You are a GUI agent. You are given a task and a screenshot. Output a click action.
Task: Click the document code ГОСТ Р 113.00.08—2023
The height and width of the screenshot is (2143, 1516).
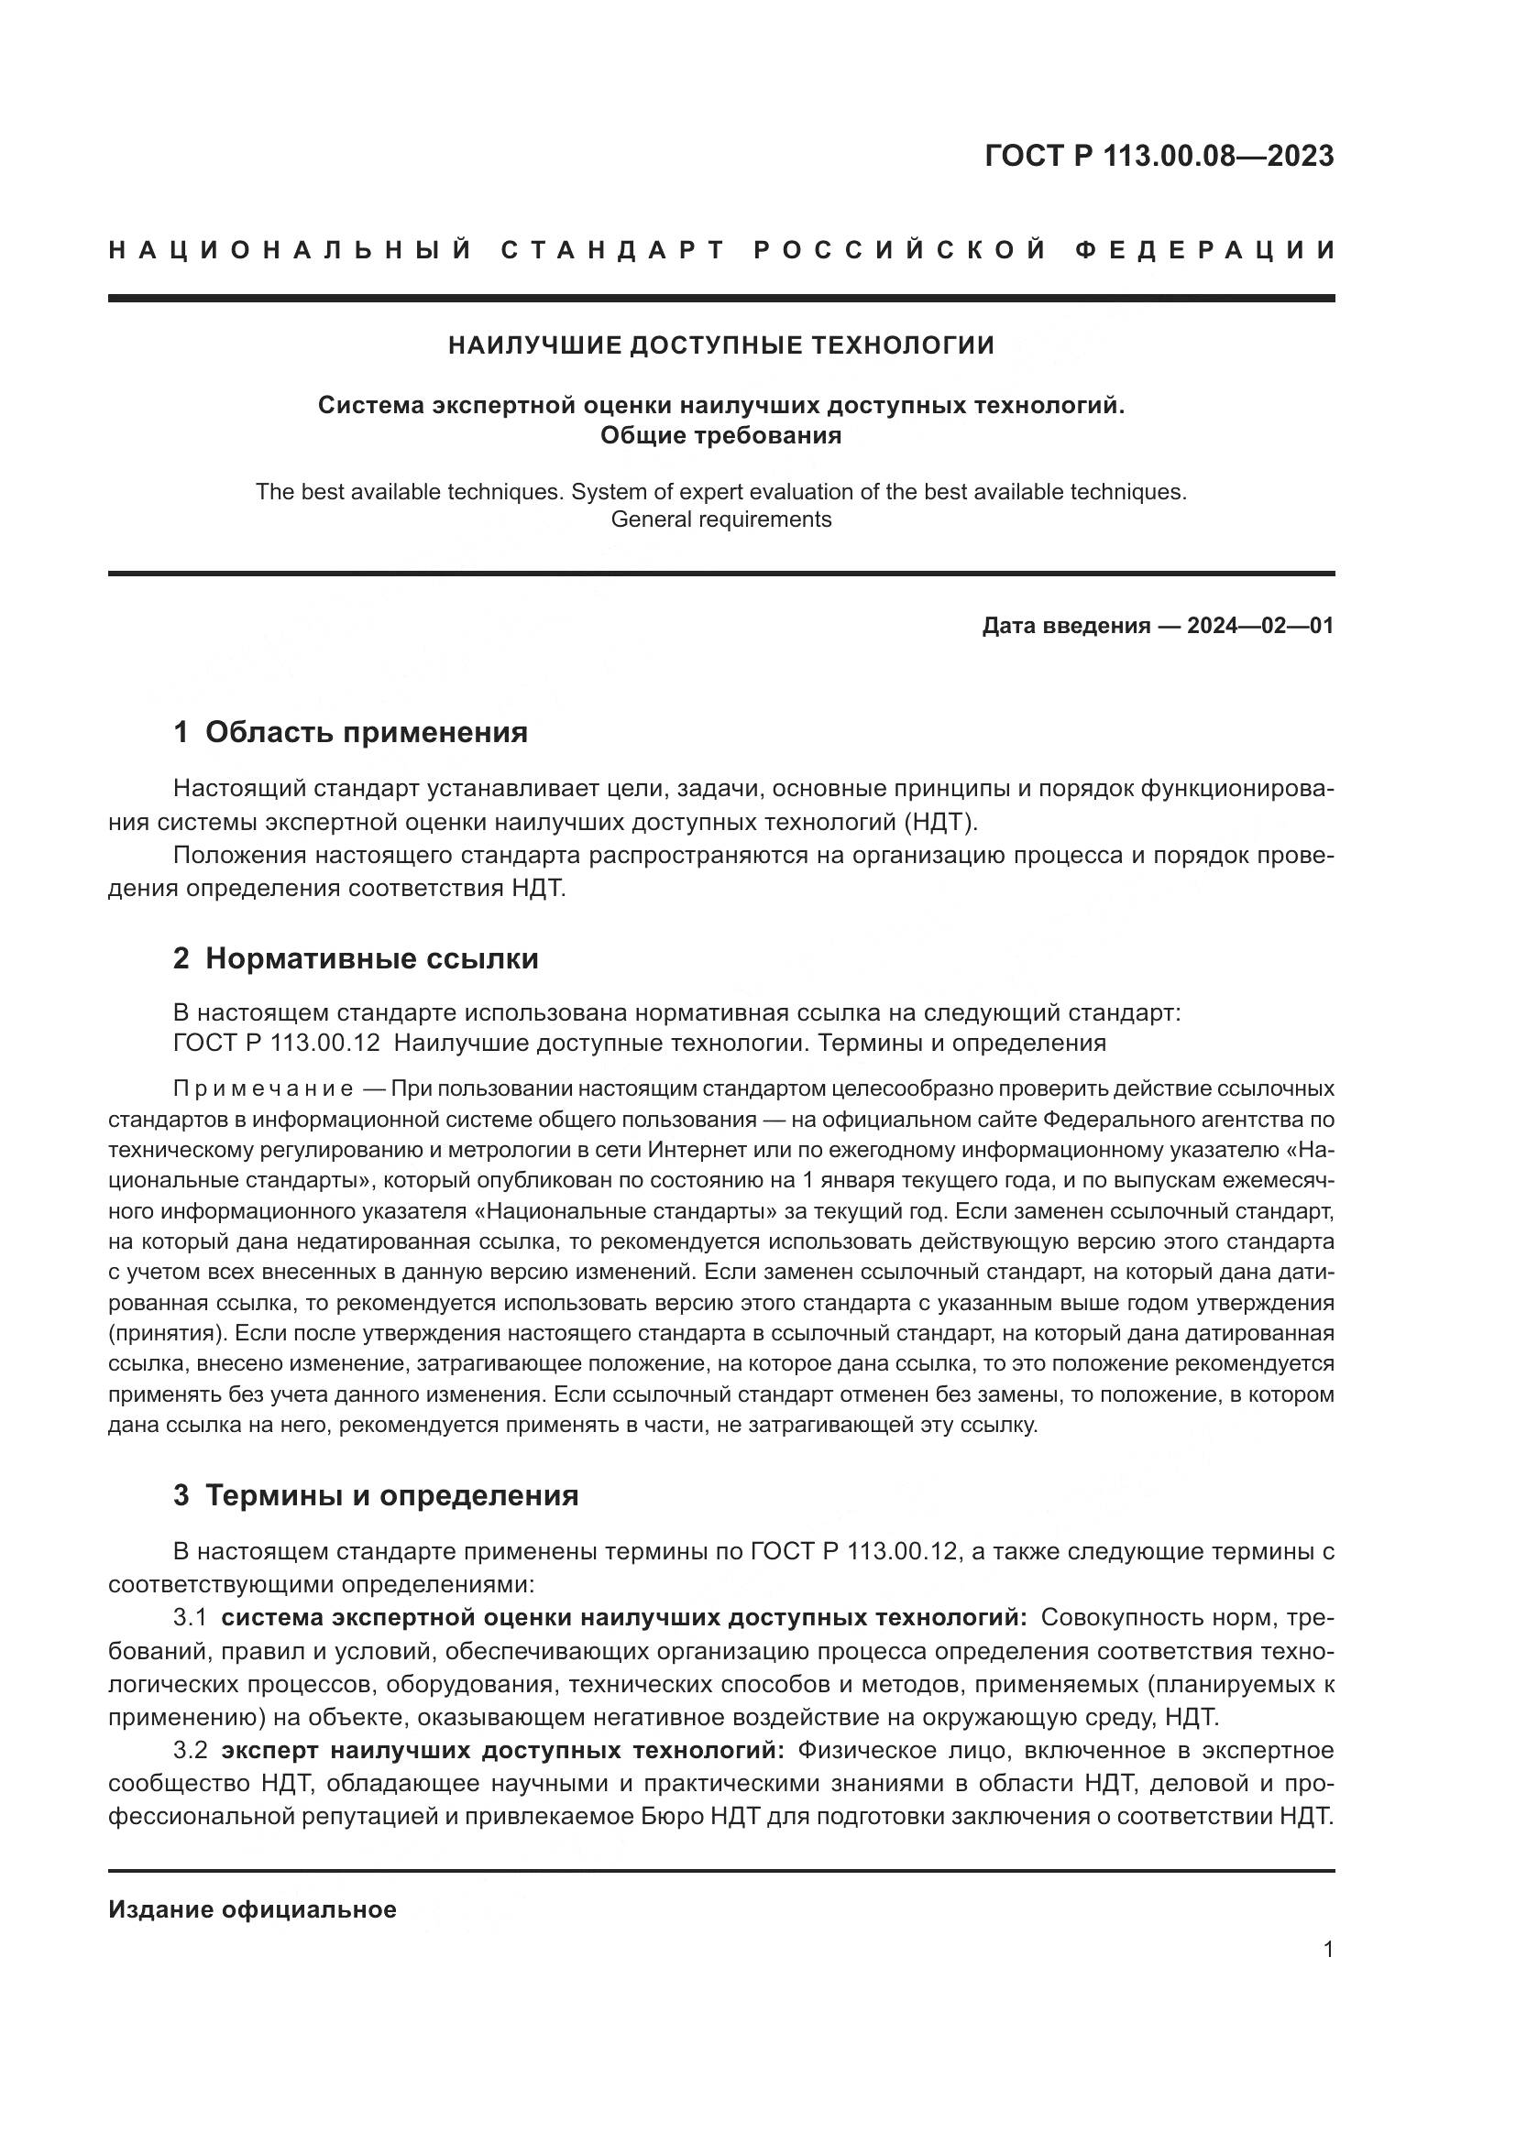[1159, 156]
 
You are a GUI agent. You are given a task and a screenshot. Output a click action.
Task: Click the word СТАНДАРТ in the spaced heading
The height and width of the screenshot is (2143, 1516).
[613, 250]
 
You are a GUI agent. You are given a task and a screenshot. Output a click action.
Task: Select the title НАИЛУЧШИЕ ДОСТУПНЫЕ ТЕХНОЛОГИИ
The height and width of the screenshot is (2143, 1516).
[720, 345]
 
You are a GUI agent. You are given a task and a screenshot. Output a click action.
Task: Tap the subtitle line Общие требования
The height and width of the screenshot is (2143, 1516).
[720, 435]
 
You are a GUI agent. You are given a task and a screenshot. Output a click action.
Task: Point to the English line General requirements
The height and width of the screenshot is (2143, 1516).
[720, 519]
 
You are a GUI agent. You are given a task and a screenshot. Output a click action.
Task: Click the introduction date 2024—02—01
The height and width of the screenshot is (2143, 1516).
[1259, 626]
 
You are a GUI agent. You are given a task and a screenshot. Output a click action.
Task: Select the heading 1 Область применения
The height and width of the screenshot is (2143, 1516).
[350, 732]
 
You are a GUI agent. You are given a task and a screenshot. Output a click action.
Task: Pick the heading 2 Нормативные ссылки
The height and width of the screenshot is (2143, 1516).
[356, 958]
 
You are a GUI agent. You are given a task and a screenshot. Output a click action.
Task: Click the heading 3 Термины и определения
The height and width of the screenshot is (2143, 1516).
[375, 1495]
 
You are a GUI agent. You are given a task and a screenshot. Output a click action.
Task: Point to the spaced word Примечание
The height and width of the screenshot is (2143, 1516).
[263, 1089]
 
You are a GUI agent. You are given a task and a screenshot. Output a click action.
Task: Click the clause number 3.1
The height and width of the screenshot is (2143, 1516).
[190, 1617]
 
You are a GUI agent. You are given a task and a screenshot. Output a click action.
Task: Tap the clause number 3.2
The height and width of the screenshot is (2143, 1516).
[190, 1749]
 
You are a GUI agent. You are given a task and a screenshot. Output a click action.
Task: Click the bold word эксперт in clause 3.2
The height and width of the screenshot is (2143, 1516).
[270, 1749]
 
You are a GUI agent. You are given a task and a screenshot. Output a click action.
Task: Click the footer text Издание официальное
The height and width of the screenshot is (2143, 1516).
[252, 1909]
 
